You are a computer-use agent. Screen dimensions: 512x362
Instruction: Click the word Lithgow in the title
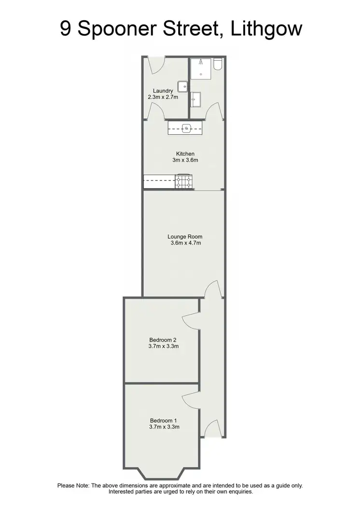pos(266,29)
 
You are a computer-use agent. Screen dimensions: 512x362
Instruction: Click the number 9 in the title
pos(67,29)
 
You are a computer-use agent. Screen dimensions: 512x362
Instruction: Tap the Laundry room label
pos(163,91)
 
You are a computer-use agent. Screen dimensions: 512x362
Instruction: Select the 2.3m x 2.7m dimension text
pos(163,97)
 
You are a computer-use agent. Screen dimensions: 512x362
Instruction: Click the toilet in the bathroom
pos(218,65)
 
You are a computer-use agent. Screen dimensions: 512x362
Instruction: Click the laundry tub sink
pos(182,86)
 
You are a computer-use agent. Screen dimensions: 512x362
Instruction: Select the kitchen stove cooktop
pos(184,182)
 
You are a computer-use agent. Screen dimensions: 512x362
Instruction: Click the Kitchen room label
pos(185,153)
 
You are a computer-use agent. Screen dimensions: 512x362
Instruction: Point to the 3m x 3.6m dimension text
pos(185,160)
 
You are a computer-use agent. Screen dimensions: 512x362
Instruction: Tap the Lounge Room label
pos(185,236)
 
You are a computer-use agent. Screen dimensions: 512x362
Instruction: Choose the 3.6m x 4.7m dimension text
pos(185,243)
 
